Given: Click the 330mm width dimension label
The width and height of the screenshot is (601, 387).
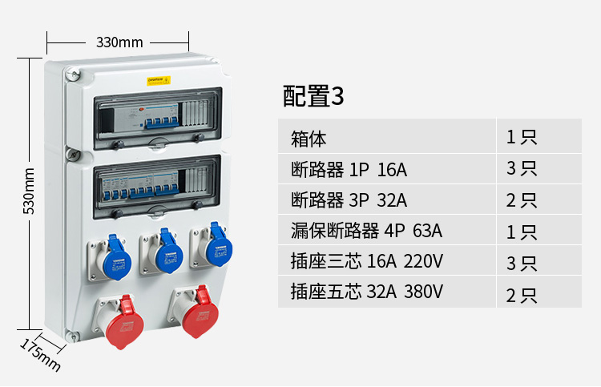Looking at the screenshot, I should coord(119,42).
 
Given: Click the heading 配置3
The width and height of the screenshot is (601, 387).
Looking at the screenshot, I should coord(313,96).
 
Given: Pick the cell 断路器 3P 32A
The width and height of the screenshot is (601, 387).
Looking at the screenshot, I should coord(349,200).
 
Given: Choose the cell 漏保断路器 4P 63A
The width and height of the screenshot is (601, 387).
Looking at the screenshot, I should coord(366,232).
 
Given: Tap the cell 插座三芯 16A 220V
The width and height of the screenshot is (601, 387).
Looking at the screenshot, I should coord(367,262).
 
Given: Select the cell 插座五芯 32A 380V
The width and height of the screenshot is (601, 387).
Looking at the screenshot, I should coord(367,292).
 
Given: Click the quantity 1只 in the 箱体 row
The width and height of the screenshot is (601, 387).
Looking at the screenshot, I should coord(521,137).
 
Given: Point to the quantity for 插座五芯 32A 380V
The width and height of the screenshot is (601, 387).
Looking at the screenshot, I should coord(521,294).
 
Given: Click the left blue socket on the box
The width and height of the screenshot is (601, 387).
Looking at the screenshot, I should coord(115,253).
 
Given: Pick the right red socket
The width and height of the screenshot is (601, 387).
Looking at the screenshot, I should coord(197,314).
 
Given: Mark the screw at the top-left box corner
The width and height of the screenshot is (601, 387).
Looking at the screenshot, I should coord(73,75).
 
